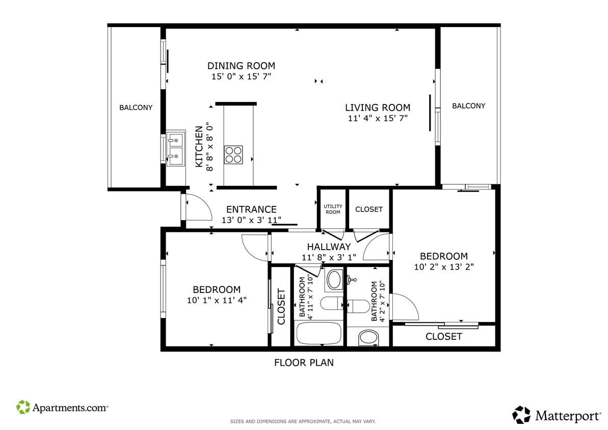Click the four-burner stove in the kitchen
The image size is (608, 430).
point(233,154)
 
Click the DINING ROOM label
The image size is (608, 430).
point(241,66)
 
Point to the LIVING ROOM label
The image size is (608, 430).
point(377,107)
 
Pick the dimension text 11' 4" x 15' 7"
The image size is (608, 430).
point(377,118)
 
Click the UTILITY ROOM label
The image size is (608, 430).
point(333,209)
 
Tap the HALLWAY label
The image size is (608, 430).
point(329,247)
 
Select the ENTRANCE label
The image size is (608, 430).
point(251,209)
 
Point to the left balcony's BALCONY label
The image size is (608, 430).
point(136,107)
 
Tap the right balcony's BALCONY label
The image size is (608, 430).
point(468,106)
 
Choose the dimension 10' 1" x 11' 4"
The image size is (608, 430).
point(217,300)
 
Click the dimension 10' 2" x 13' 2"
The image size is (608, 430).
point(443,266)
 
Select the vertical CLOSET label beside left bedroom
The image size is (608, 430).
point(281,307)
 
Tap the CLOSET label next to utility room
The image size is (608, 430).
point(368,209)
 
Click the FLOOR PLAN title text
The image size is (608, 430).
point(304,363)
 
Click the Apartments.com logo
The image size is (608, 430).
point(62,408)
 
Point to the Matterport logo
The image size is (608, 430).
point(557,415)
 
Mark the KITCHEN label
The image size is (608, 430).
point(199,147)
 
